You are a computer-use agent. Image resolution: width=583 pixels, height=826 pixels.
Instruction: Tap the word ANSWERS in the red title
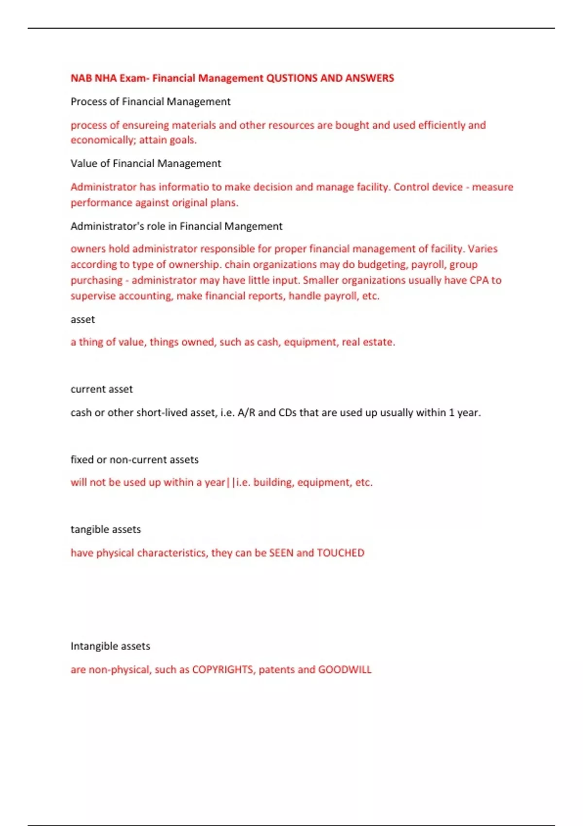tap(369, 78)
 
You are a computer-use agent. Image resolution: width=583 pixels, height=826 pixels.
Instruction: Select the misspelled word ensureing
tap(145, 125)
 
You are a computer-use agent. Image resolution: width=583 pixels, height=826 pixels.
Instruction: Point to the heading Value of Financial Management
tap(146, 164)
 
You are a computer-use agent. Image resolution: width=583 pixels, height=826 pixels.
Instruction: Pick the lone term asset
tap(83, 320)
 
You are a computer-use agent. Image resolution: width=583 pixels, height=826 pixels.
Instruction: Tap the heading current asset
tap(102, 389)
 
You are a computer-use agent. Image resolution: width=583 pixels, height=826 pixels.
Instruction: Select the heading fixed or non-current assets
tap(135, 460)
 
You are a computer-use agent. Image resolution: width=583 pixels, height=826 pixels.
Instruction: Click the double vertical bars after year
tap(230, 482)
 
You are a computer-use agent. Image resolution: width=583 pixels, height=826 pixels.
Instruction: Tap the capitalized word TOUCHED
tap(340, 553)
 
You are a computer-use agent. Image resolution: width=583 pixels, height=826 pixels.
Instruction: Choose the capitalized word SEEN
tap(281, 553)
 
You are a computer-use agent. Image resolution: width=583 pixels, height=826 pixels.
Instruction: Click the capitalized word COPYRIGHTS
tap(223, 670)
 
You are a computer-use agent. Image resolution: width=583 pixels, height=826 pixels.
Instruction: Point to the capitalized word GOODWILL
tap(344, 670)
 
